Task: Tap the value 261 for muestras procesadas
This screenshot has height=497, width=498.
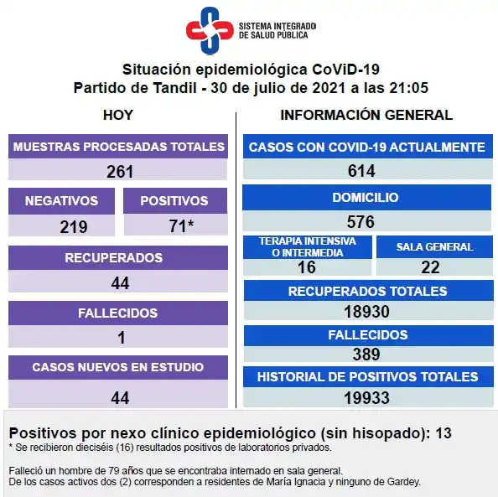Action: [x=120, y=172]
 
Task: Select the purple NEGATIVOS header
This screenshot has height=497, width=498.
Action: [x=61, y=201]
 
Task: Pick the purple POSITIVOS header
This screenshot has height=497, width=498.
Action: [x=174, y=201]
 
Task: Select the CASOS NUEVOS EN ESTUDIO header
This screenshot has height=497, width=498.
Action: [x=117, y=367]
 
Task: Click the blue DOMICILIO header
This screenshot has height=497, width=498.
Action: [x=366, y=198]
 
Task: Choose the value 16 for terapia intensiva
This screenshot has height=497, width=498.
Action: [x=307, y=267]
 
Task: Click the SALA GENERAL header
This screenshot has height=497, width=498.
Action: [x=434, y=247]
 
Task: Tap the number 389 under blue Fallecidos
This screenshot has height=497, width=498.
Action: [x=366, y=354]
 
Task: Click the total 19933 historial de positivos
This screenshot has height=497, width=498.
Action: [x=367, y=397]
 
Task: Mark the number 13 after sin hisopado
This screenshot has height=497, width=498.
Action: [x=444, y=433]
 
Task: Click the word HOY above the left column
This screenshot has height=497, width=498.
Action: [x=117, y=115]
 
